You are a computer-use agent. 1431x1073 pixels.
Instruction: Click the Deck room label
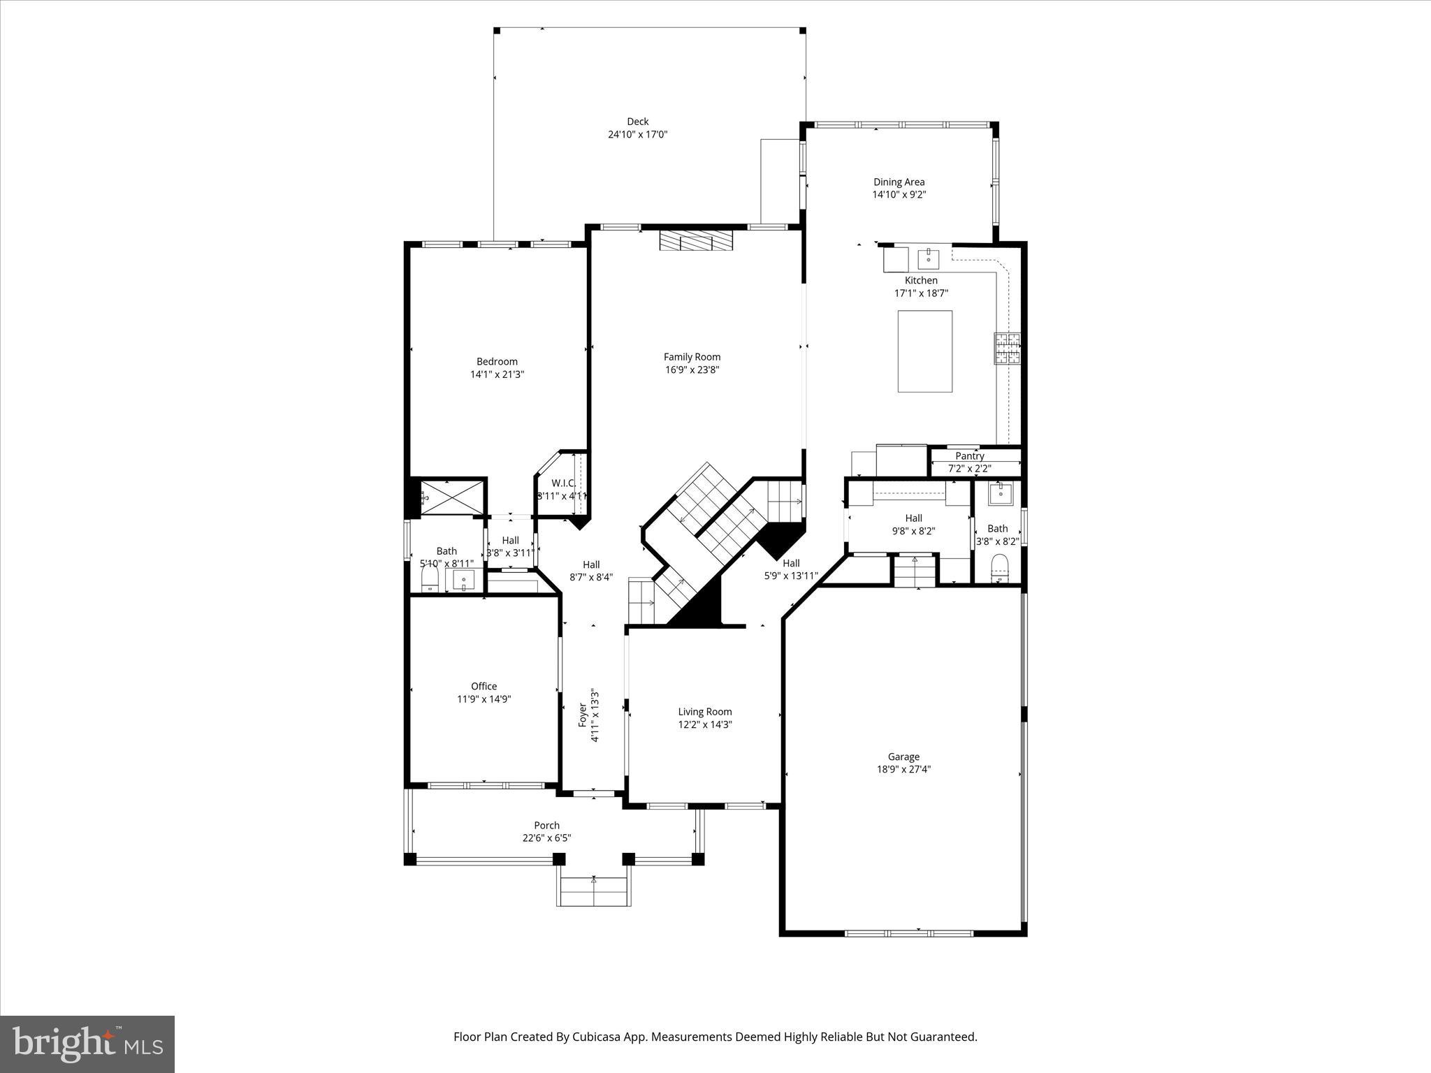[x=637, y=122]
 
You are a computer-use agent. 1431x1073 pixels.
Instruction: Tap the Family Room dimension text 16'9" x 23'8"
[x=692, y=370]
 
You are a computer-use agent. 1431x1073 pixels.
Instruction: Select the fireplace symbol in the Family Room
[x=697, y=242]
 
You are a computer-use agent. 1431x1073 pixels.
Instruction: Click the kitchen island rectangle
[x=924, y=351]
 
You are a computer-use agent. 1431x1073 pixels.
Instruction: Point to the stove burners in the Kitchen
[x=1008, y=349]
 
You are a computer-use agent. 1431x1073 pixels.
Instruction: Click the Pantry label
[x=970, y=456]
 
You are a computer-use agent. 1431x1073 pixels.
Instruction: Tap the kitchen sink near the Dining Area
[x=929, y=258]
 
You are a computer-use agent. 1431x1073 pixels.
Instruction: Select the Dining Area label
[x=899, y=182]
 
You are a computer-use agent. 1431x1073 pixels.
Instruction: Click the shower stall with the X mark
[x=453, y=497]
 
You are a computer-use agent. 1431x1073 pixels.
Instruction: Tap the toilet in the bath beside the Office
[x=430, y=578]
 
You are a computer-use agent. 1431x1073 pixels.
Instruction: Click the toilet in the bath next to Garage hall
[x=1000, y=568]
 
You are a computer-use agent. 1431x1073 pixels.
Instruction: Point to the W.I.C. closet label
[x=563, y=483]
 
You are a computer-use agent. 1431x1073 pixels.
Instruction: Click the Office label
[x=484, y=687]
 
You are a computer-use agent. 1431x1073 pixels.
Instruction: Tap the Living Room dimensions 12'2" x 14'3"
[x=704, y=725]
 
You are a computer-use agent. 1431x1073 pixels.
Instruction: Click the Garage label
[x=903, y=757]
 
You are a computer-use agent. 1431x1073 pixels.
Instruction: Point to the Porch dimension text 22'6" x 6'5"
[x=546, y=838]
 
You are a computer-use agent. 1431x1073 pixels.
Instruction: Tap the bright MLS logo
[x=87, y=1044]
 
